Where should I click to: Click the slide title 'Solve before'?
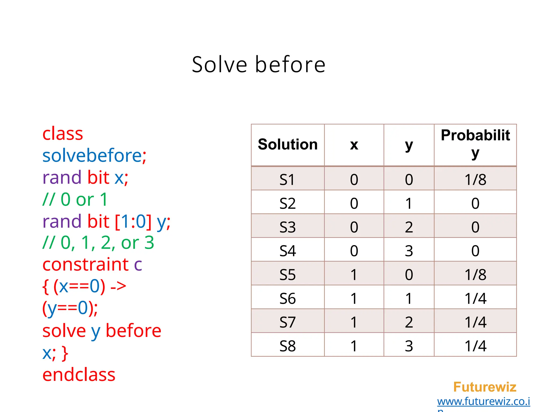coord(259,65)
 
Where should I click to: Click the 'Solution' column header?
coord(288,145)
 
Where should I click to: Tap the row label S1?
coord(287,179)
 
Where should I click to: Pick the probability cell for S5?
coord(475,275)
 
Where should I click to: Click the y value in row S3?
coord(409,227)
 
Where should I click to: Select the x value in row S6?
coord(354,299)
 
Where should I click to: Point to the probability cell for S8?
coord(475,346)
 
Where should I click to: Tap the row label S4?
coord(287,251)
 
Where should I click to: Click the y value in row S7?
coord(409,322)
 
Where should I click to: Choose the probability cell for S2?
coord(475,203)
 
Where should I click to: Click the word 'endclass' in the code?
coord(79,375)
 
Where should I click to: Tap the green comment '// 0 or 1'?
coord(75,200)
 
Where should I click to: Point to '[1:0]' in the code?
coord(133,222)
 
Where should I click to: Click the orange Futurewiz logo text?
coord(485,387)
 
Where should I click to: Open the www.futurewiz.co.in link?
coord(483,402)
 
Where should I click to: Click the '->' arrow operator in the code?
coord(118,286)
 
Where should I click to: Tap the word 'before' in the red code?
coord(133,330)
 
